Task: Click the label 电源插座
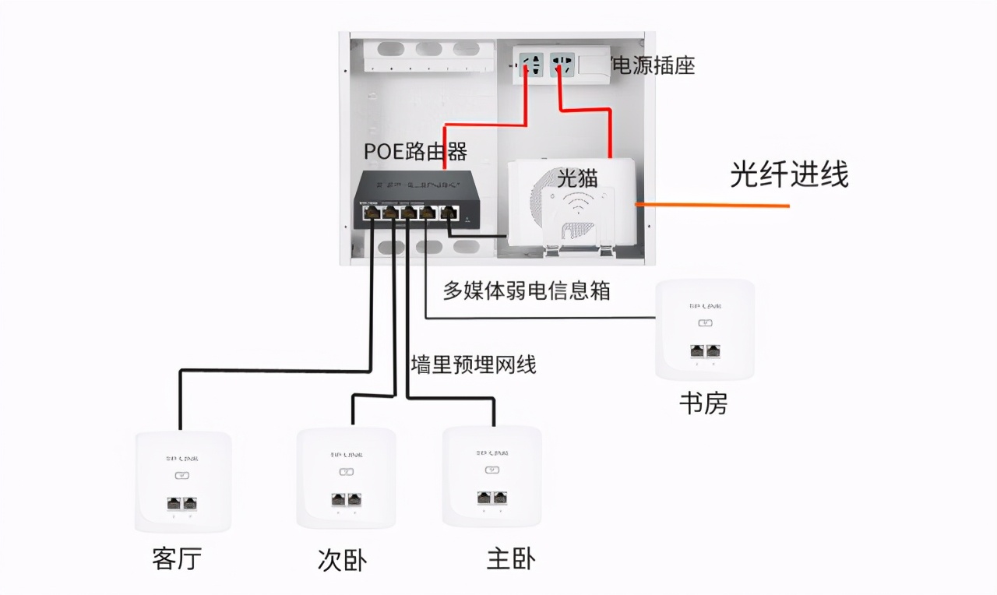(654, 66)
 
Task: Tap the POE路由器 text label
(415, 150)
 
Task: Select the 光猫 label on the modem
(577, 177)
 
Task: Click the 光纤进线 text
(788, 174)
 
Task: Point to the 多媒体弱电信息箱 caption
(527, 290)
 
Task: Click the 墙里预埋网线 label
(474, 364)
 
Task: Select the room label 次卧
(342, 560)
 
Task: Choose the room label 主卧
(511, 558)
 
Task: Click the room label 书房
(703, 403)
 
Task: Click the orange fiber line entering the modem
(712, 205)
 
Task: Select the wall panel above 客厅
(183, 481)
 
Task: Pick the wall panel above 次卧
(346, 477)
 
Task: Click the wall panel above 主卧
(491, 476)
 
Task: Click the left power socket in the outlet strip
(533, 65)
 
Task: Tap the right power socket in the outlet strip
(562, 65)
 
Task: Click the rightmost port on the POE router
(448, 212)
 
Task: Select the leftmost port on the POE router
(370, 212)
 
